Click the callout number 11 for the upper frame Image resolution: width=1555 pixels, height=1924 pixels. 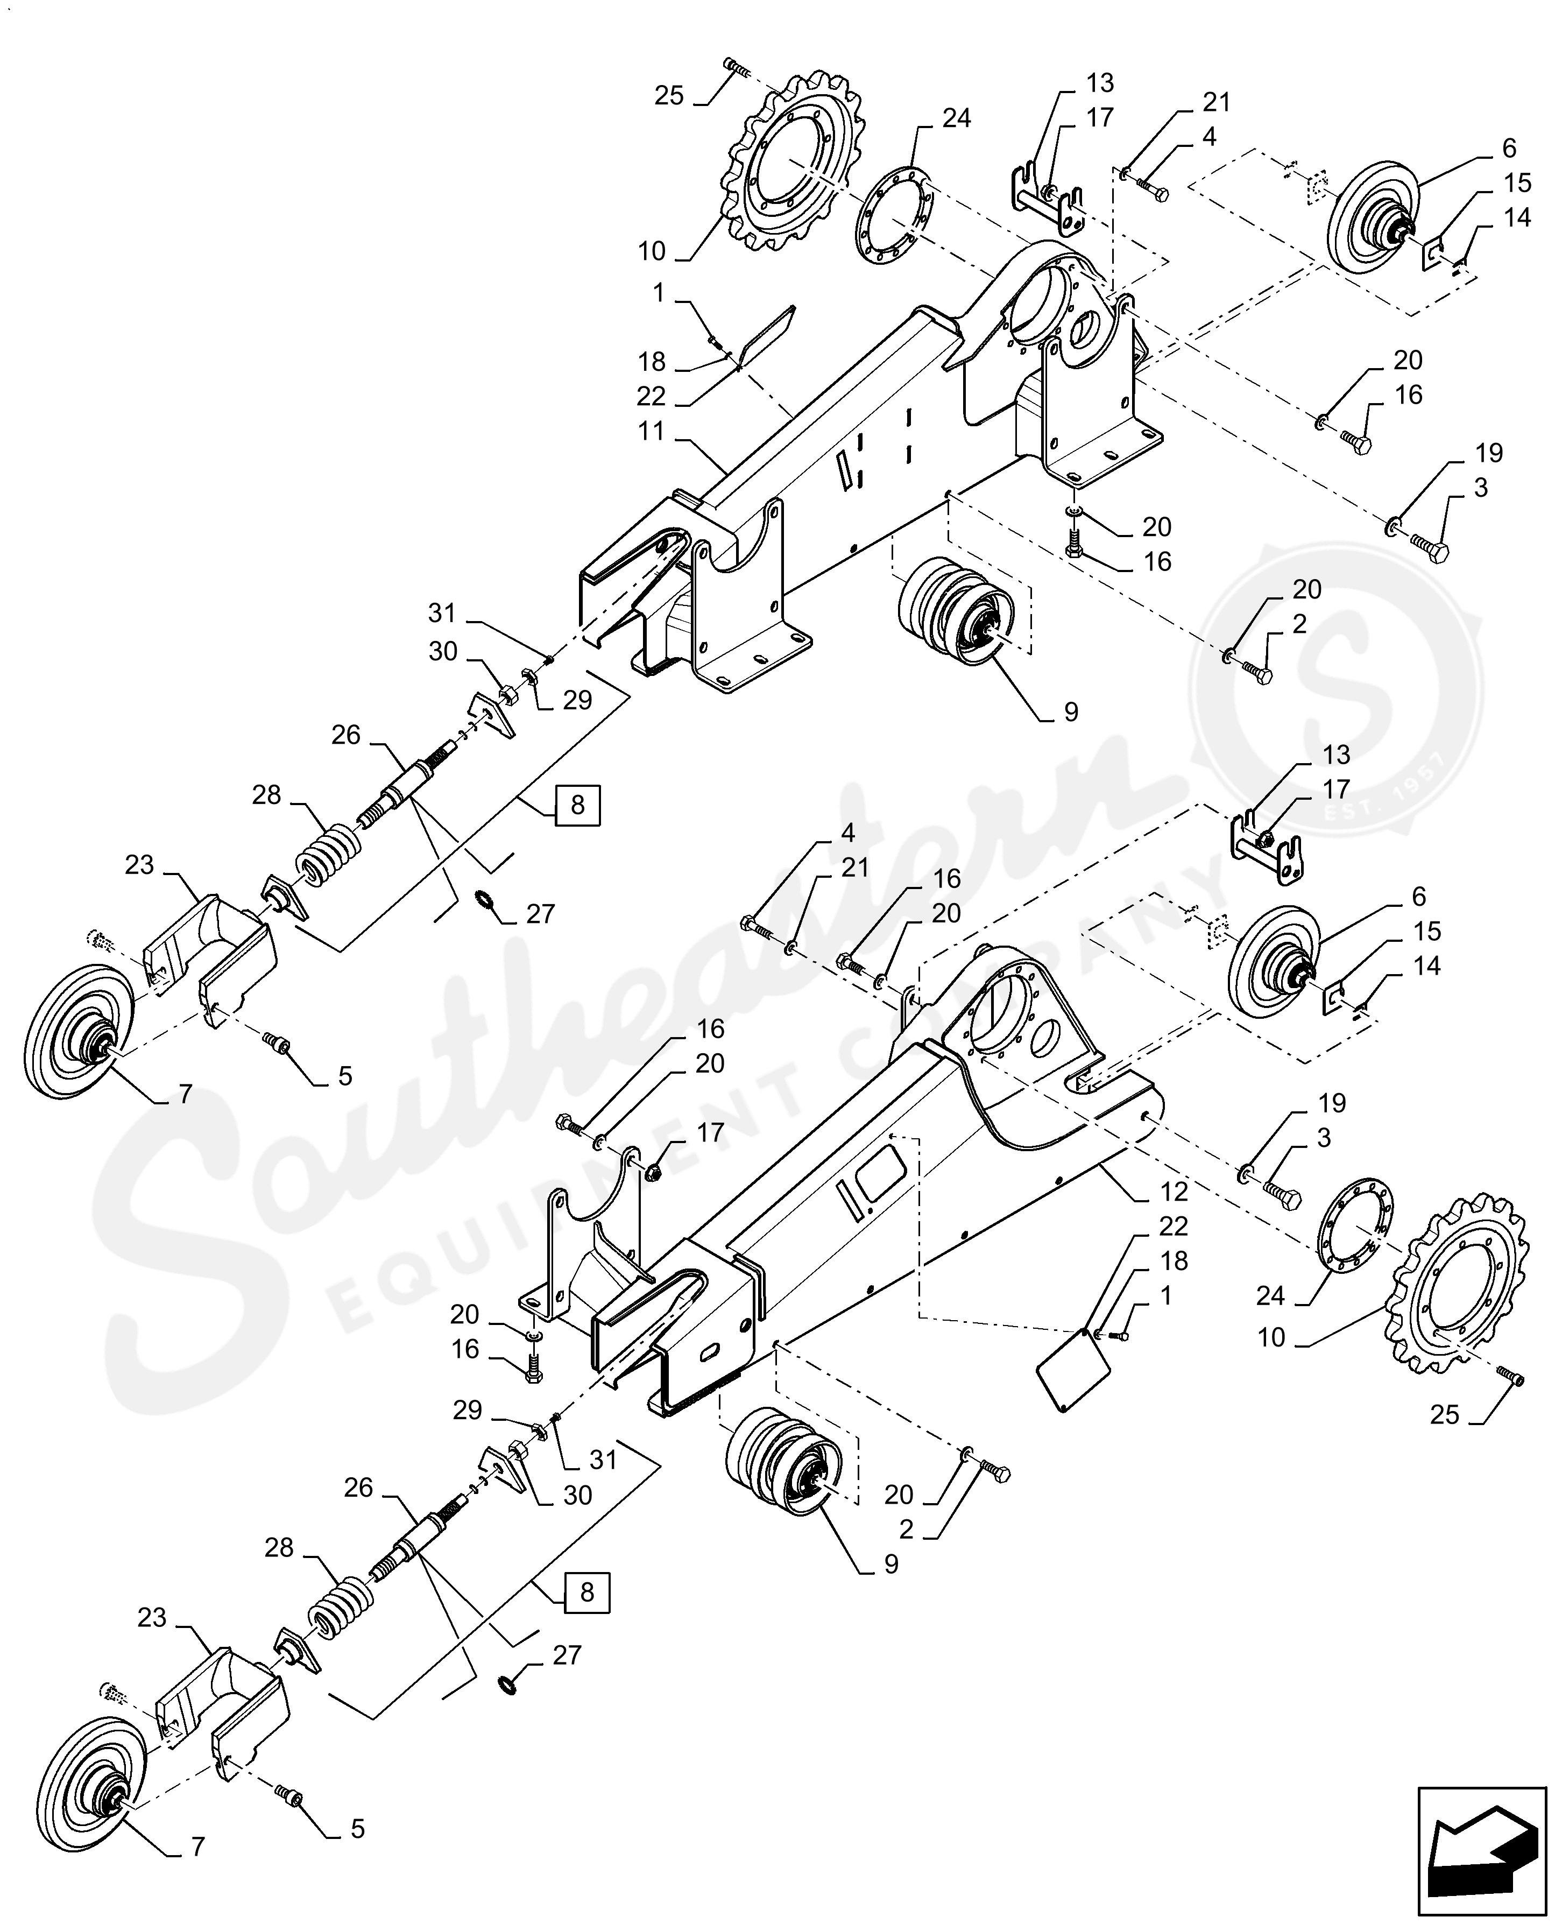(x=651, y=432)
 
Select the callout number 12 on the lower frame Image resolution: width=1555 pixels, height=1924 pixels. (x=1174, y=1192)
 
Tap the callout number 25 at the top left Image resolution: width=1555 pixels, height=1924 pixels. (x=668, y=96)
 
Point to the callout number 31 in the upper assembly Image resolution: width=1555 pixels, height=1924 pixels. (x=442, y=614)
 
